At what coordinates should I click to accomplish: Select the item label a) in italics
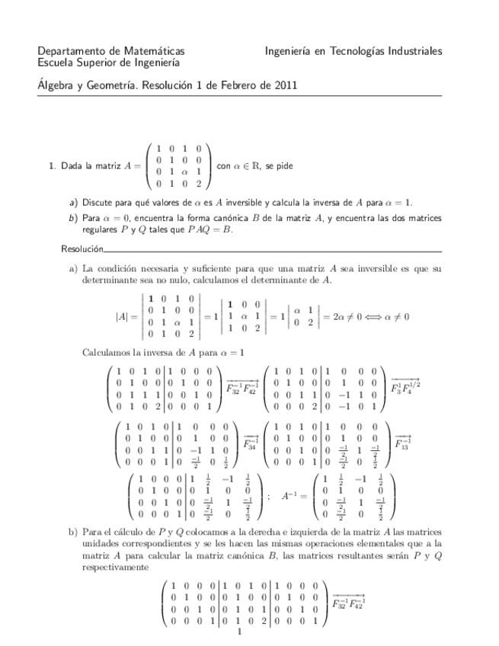pyautogui.click(x=73, y=203)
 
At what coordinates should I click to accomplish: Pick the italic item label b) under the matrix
pyautogui.click(x=73, y=218)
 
